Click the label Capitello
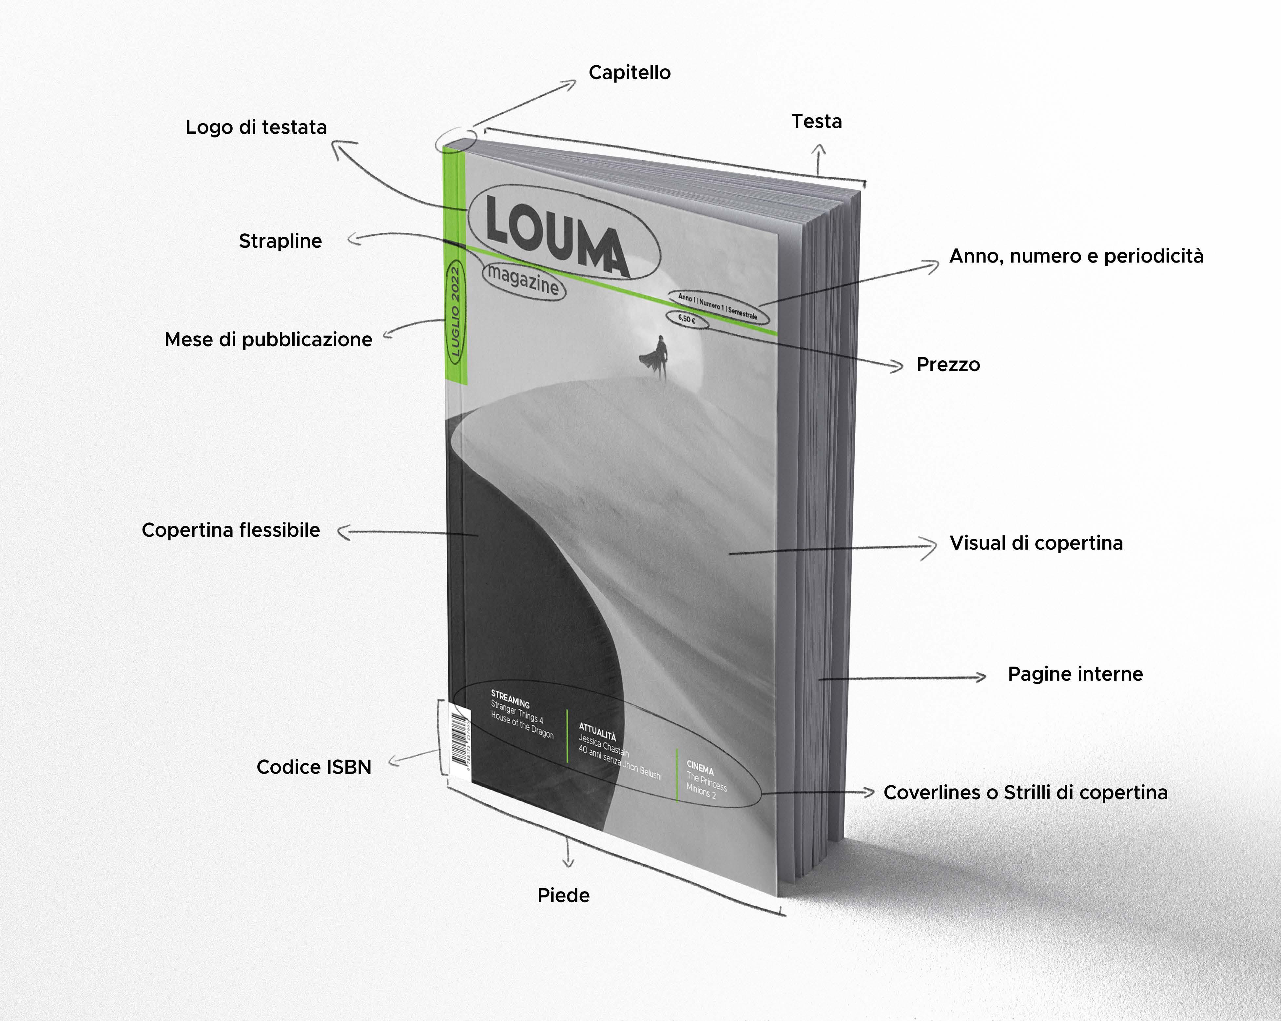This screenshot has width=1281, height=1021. pos(629,72)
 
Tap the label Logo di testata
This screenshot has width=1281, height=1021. pos(256,127)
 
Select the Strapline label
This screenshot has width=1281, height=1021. pos(280,241)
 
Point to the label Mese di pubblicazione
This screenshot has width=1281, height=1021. pos(268,339)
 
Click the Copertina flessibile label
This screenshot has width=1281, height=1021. pos(230,530)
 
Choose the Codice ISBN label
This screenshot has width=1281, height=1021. pos(314,767)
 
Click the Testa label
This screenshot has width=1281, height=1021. pos(816,121)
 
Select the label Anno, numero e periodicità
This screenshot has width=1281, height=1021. pos(1076,256)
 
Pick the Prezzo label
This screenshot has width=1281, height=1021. pos(948,364)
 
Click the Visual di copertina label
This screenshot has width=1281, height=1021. pos(1036,542)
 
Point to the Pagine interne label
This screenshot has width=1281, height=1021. pos(1075,674)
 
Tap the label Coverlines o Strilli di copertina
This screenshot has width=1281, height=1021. pos(1025,792)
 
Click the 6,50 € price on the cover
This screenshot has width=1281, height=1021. pos(686,319)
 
